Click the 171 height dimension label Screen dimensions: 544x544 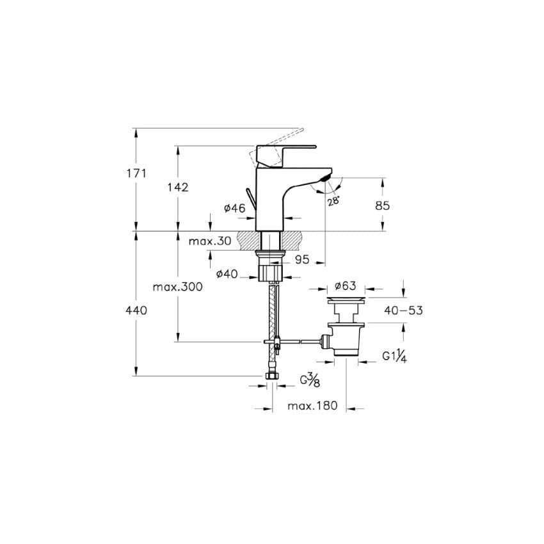click(136, 173)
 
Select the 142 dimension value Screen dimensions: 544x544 click(178, 188)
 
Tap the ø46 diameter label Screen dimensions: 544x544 click(234, 208)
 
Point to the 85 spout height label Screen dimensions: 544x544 click(382, 205)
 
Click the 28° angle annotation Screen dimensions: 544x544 click(333, 201)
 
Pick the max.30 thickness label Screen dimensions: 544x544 click(210, 241)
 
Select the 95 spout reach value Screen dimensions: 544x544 click(302, 259)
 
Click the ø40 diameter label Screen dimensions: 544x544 click(227, 274)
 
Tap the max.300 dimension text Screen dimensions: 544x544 click(178, 287)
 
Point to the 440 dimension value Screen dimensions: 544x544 click(136, 310)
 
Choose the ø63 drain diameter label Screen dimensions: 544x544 click(345, 286)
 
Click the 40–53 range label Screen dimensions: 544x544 click(403, 310)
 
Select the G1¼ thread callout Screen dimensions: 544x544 click(394, 356)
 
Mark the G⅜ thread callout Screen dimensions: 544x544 click(310, 381)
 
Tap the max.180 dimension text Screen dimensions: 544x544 click(312, 406)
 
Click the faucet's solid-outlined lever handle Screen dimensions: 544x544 click(286, 156)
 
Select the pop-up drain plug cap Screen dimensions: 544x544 click(346, 300)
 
